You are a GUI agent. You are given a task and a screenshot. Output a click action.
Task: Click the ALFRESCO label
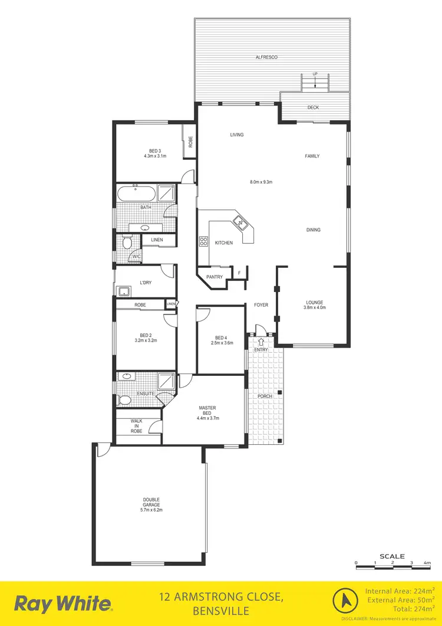coord(266,57)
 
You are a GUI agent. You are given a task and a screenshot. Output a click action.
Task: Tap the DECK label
coord(314,107)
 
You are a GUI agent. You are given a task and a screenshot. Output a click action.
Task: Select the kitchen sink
coord(241,222)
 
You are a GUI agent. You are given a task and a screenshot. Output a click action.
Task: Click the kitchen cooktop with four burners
coord(204,241)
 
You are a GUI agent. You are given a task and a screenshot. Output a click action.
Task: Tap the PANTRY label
coord(215,277)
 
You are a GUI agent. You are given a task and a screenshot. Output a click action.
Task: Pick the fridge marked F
coord(239,273)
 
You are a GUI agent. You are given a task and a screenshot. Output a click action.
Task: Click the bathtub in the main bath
coord(136,194)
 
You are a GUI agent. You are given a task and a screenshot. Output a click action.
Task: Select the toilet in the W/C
coord(126,242)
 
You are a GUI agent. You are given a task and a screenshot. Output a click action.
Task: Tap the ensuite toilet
coord(124,401)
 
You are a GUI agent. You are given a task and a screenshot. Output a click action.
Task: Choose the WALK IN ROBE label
coord(137,427)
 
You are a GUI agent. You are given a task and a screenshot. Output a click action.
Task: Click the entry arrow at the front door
coord(260,340)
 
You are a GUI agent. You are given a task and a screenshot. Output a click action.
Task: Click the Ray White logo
coord(63,604)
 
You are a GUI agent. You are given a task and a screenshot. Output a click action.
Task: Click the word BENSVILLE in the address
coord(220,611)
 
